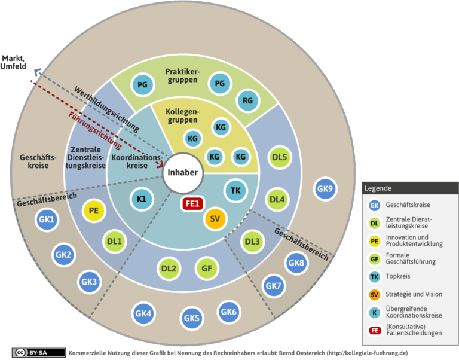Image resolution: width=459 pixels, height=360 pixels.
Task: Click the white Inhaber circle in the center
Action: [x=182, y=173]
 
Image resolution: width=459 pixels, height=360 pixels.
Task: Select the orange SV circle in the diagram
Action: [x=216, y=219]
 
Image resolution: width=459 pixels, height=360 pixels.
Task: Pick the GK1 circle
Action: [x=47, y=220]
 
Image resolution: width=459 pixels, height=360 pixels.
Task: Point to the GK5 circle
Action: [x=192, y=318]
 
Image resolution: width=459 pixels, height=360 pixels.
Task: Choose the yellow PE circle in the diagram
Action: [x=93, y=210]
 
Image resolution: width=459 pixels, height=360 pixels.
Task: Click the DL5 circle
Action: [x=279, y=158]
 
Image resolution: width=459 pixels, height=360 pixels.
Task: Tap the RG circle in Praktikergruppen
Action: [x=248, y=100]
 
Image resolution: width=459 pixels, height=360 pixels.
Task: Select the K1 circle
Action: [x=142, y=198]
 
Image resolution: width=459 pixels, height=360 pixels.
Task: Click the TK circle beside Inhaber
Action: [x=235, y=191]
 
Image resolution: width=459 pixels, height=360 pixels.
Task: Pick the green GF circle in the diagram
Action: [x=207, y=269]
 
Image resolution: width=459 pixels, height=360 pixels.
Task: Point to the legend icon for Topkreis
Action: [x=374, y=276]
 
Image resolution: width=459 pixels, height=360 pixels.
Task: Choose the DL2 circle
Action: [x=169, y=269]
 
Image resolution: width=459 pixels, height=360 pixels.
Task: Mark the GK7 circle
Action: [x=273, y=285]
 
